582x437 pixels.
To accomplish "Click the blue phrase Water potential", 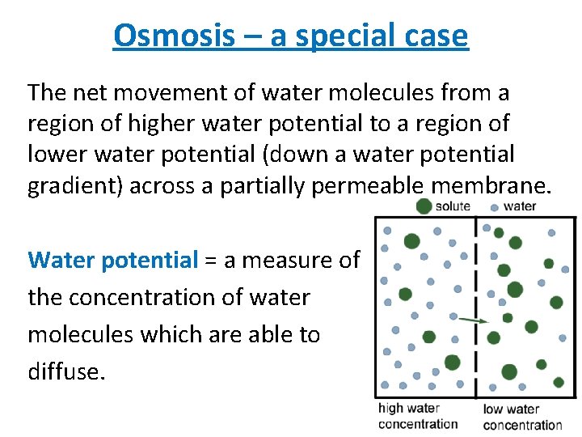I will tap(112, 260).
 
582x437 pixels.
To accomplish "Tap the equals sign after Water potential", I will tap(210, 261).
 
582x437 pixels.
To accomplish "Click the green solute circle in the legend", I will tap(424, 206).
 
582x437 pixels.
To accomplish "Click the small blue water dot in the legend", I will tap(495, 207).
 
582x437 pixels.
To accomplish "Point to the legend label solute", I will tap(453, 206).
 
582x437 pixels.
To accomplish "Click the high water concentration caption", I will tap(417, 416).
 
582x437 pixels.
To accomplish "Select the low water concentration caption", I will tap(522, 417).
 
